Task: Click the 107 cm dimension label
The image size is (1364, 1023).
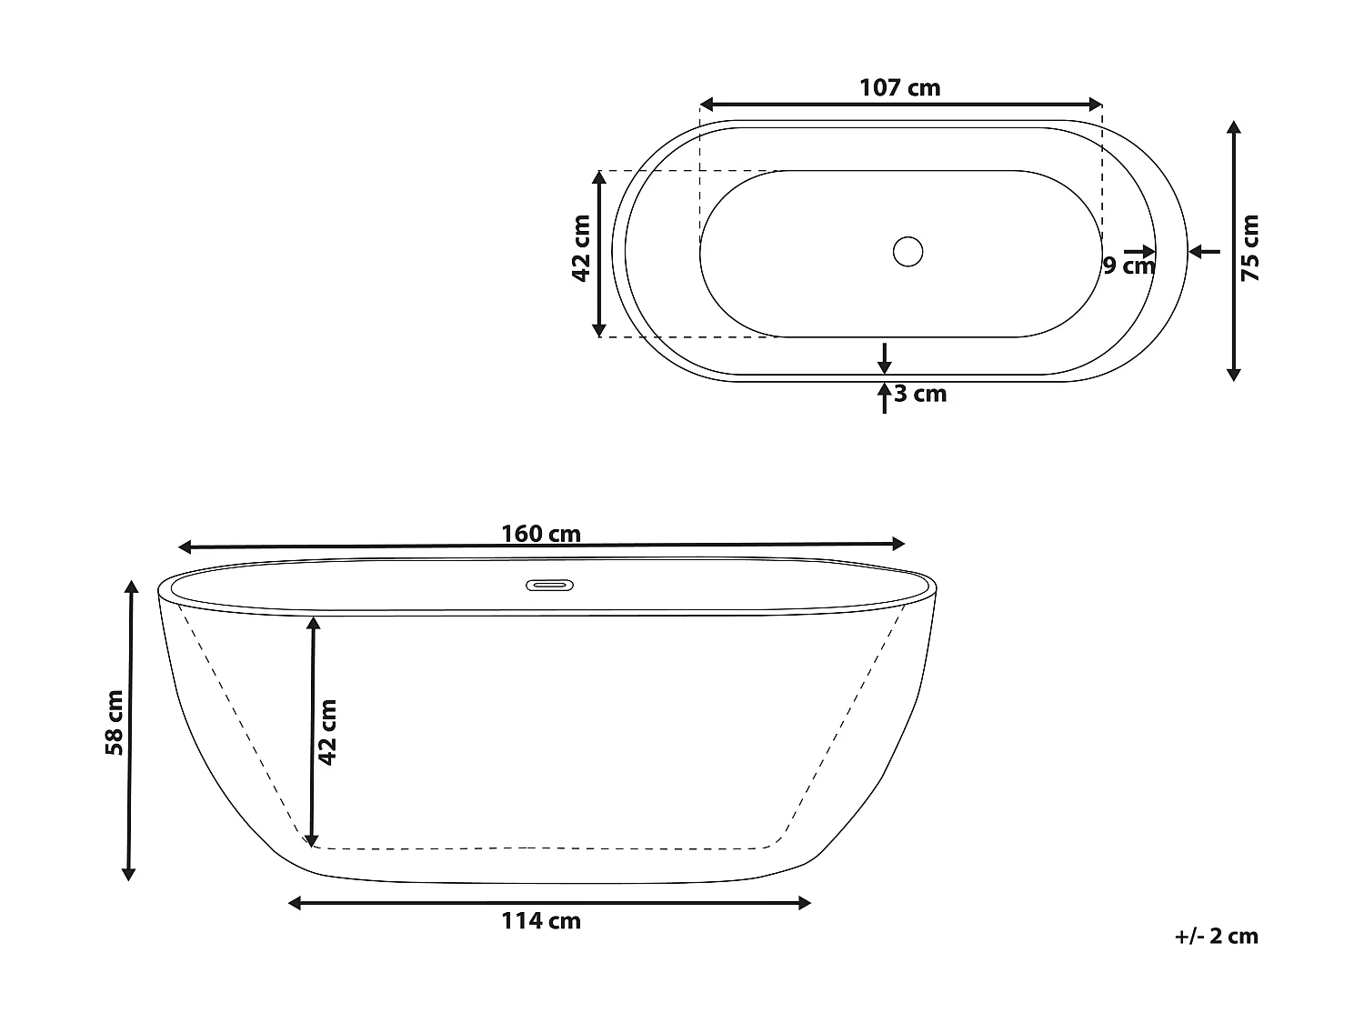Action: [x=899, y=88]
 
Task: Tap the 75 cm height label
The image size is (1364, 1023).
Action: [x=1250, y=247]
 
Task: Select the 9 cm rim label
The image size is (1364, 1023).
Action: [x=1128, y=266]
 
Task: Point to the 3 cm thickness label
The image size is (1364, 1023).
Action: [x=920, y=395]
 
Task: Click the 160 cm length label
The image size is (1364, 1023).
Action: [x=541, y=534]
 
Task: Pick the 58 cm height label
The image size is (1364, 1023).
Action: [x=115, y=723]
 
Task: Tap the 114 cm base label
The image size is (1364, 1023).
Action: [x=541, y=921]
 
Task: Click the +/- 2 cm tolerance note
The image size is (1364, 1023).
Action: [x=1216, y=937]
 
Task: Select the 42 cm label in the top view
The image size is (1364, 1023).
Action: [x=582, y=248]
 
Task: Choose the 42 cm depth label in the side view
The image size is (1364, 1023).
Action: [x=327, y=731]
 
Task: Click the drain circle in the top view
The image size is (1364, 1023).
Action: [x=908, y=251]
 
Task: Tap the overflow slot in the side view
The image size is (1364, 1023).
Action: [x=549, y=585]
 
